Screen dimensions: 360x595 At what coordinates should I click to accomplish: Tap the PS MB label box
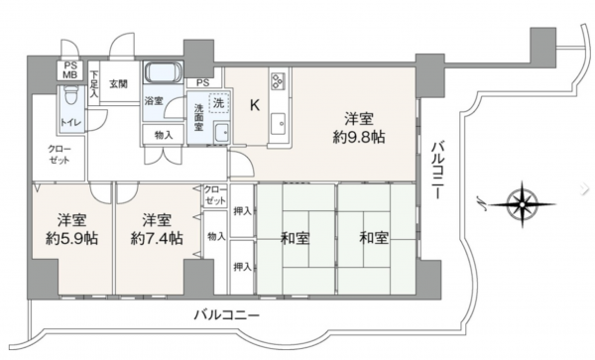tap(70, 71)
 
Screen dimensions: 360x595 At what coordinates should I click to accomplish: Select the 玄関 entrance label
tap(118, 82)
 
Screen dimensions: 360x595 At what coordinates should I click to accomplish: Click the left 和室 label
tap(296, 237)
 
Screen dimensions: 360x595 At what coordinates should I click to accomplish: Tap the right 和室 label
tap(375, 237)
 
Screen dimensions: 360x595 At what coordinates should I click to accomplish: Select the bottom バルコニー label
tap(226, 314)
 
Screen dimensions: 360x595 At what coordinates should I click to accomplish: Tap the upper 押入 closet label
tap(241, 210)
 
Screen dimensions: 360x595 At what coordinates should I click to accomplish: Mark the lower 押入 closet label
tap(241, 267)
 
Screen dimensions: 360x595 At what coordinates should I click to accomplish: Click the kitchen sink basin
tap(277, 124)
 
